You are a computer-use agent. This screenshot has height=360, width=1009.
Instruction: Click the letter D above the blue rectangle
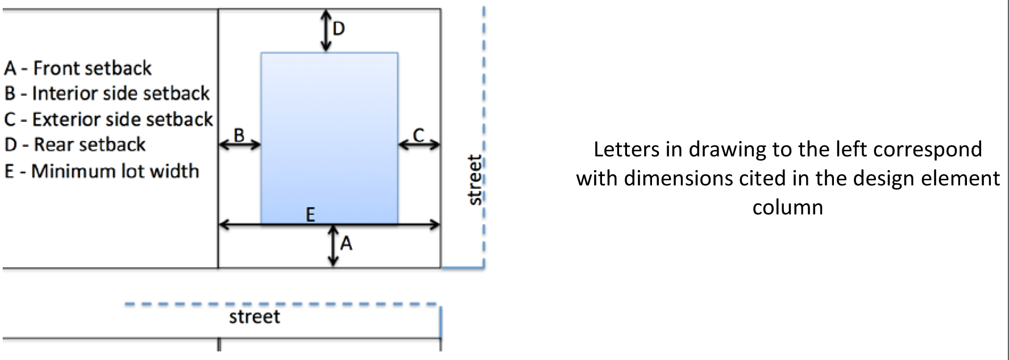(x=338, y=28)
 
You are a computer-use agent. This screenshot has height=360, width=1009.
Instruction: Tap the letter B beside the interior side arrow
(x=239, y=135)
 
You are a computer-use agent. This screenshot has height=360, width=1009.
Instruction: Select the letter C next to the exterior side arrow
(x=418, y=135)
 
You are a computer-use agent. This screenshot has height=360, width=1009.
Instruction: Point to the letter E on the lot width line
(x=310, y=214)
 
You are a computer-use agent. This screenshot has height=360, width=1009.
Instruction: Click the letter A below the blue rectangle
(x=346, y=244)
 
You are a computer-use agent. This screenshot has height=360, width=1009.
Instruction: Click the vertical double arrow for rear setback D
(x=325, y=31)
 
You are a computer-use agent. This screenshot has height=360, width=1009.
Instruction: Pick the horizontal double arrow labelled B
(x=239, y=145)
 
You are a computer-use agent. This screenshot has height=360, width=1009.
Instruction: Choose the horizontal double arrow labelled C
(x=419, y=145)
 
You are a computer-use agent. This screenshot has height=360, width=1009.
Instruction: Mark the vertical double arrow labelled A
(x=333, y=246)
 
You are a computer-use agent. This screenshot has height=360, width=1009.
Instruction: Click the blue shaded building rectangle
(x=329, y=136)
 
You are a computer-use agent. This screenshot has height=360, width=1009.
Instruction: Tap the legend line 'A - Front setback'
(x=78, y=68)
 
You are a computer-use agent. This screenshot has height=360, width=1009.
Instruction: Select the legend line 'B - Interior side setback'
(x=107, y=93)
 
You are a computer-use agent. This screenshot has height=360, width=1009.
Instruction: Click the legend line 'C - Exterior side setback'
(x=108, y=119)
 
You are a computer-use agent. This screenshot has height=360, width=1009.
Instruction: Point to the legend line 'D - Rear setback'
(x=75, y=144)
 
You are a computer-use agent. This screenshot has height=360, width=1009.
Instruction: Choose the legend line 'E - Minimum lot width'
(x=102, y=171)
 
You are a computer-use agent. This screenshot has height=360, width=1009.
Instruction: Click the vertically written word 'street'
(x=474, y=180)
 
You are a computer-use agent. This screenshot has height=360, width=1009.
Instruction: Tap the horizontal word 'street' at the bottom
(x=255, y=317)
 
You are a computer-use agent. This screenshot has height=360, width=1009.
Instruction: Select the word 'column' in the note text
(x=787, y=207)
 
